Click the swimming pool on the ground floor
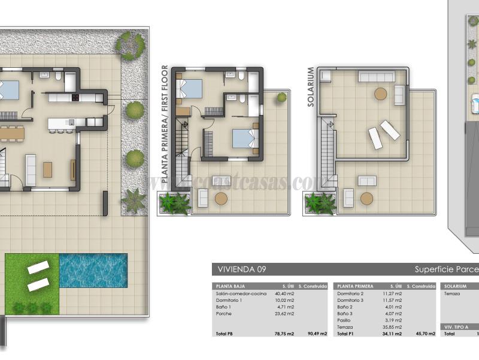point(93,270)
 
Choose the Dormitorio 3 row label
point(350,301)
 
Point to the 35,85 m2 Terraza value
point(392,327)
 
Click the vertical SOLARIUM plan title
point(311,88)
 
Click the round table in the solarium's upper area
point(381,94)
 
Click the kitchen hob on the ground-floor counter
point(76,97)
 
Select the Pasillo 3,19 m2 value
point(392,320)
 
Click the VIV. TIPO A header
point(456,327)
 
